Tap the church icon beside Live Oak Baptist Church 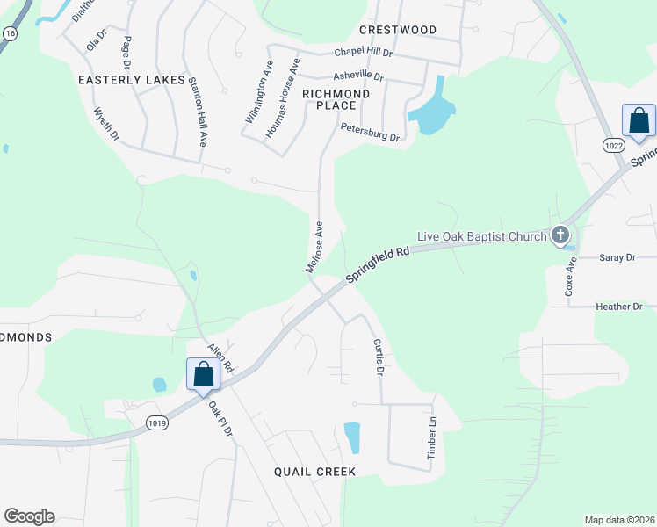click(x=560, y=235)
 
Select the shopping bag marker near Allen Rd click(x=204, y=375)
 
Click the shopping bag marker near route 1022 click(x=639, y=121)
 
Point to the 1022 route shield click(x=614, y=143)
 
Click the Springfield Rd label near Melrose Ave click(x=379, y=264)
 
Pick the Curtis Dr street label click(x=379, y=357)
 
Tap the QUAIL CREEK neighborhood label click(x=314, y=472)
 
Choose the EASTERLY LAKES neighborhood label click(x=132, y=80)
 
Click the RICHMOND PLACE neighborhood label click(x=336, y=98)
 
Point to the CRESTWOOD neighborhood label click(x=398, y=30)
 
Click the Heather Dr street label click(x=618, y=307)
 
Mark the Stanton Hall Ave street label click(x=197, y=112)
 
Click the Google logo click(x=29, y=516)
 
